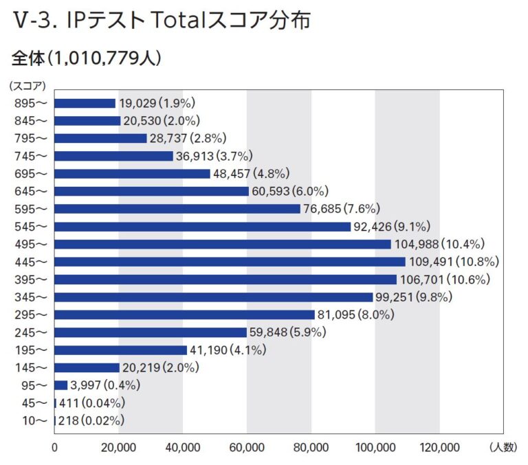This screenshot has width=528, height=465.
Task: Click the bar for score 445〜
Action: (x=230, y=262)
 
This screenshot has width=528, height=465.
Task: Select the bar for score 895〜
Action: (x=85, y=103)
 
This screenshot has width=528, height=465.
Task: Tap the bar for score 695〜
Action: (x=132, y=174)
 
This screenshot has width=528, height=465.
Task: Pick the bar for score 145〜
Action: (x=87, y=367)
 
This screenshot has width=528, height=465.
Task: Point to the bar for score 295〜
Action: (x=184, y=315)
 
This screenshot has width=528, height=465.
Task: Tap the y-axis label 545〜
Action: (x=31, y=227)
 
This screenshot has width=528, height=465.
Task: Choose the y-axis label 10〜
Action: (x=33, y=420)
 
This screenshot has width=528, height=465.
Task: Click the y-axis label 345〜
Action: (x=31, y=297)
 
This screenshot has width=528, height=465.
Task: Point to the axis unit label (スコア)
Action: (x=27, y=86)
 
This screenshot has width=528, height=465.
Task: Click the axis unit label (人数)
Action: (x=503, y=447)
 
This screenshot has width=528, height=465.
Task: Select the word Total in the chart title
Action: (x=177, y=21)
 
